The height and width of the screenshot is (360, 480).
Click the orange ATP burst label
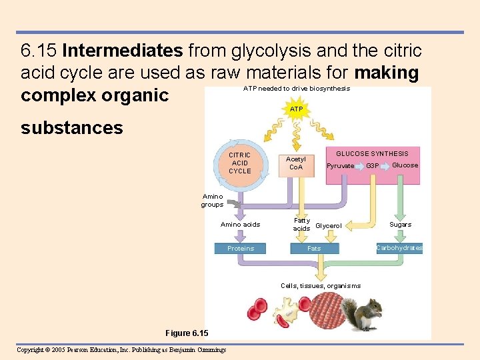[297, 109]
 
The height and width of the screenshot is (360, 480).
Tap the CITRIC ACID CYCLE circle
[240, 163]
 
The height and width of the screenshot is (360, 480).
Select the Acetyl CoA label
[295, 163]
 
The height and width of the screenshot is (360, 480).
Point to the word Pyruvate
[340, 166]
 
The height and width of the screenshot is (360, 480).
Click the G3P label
[373, 166]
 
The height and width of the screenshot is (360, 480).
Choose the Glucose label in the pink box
[405, 165]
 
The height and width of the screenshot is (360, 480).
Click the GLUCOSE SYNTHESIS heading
[372, 154]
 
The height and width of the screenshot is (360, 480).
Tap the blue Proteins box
[241, 249]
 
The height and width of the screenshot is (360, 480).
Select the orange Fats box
[314, 249]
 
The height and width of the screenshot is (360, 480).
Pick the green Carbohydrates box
[399, 248]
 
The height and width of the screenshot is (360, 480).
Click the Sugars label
[401, 225]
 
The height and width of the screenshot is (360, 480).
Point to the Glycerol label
[328, 226]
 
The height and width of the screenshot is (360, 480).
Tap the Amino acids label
[240, 225]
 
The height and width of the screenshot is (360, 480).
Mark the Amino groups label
[212, 201]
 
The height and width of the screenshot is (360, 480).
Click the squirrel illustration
[365, 311]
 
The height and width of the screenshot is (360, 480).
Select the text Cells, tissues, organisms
[321, 286]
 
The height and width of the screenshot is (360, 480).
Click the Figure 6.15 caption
[187, 333]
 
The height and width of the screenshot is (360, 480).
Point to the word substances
[72, 128]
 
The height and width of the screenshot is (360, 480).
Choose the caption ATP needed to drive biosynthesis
[296, 88]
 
